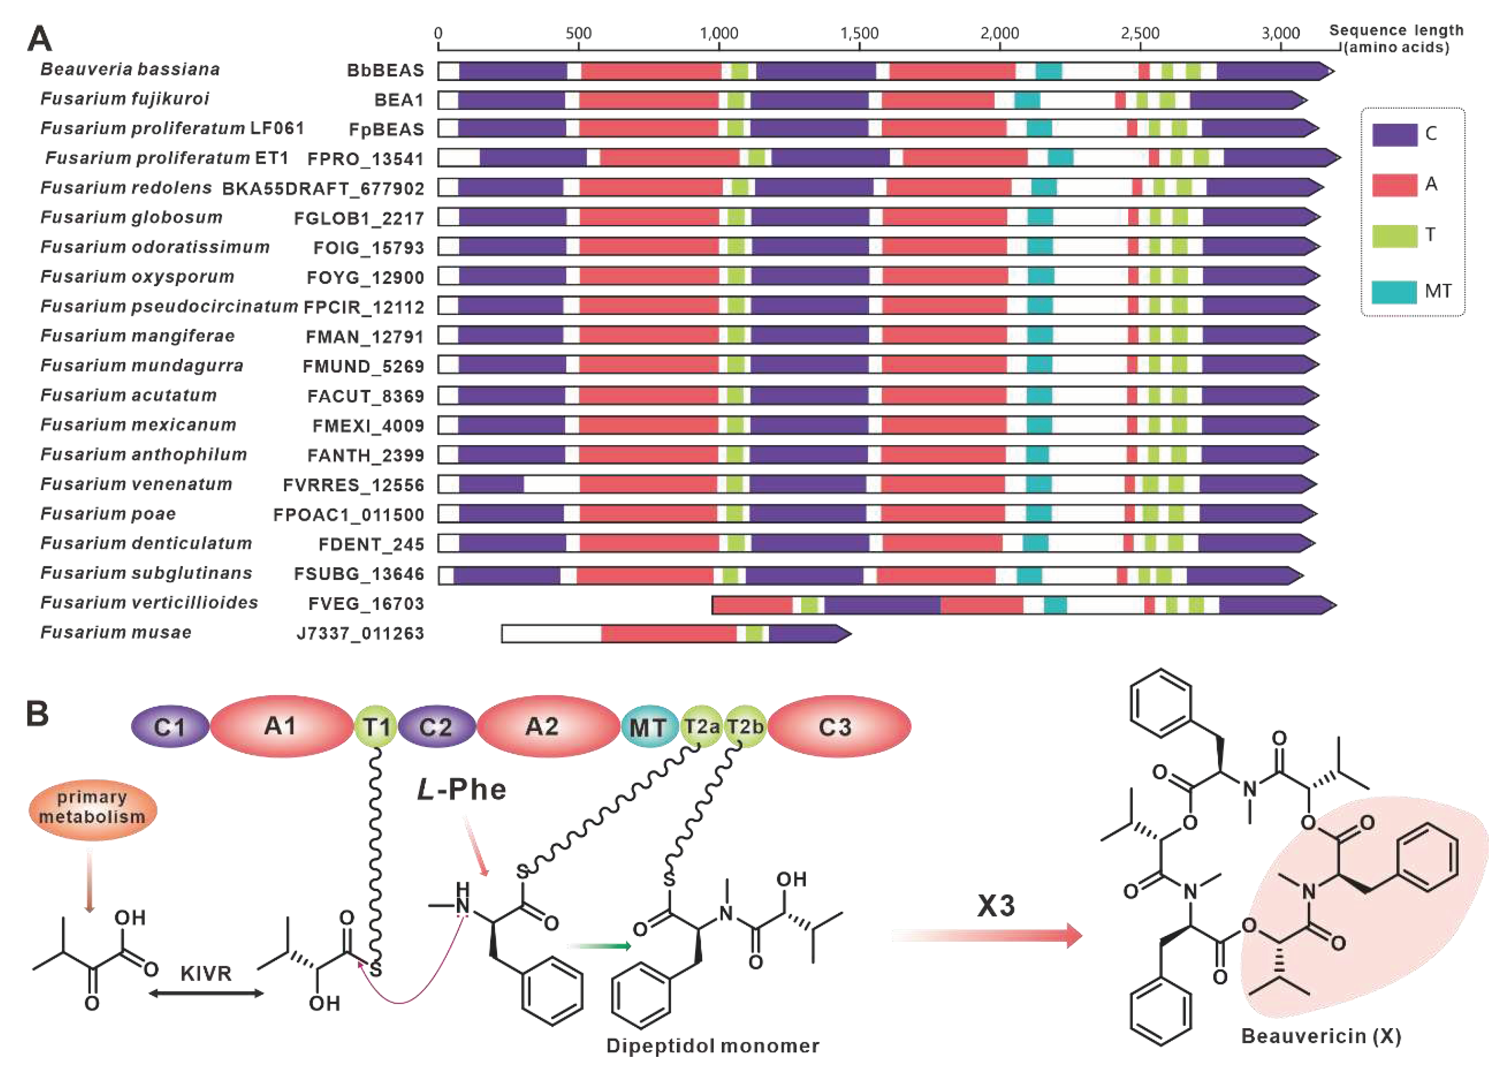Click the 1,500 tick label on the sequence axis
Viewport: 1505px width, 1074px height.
coord(859,33)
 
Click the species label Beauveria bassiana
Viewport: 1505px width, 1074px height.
coord(130,69)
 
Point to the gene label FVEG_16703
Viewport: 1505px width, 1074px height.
coord(366,604)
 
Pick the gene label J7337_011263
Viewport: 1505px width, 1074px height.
coord(360,634)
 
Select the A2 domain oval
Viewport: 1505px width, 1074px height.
coord(543,727)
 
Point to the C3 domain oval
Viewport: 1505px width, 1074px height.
coord(836,727)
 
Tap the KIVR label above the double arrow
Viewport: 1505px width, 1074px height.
coord(206,974)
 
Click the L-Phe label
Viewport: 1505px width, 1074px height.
coord(462,790)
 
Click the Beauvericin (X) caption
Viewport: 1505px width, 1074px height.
coord(1321,1036)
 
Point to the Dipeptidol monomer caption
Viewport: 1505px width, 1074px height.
coord(712,1046)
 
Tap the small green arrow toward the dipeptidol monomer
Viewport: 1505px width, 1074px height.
coord(598,946)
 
